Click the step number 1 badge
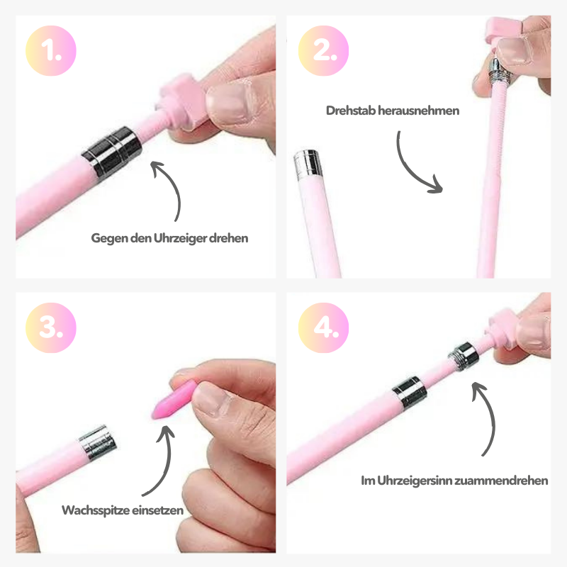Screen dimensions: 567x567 click(51, 50)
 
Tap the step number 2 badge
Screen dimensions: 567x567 click(324, 50)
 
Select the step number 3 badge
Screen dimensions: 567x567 click(51, 327)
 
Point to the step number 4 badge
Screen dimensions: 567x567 click(324, 327)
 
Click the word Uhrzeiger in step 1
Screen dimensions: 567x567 click(181, 238)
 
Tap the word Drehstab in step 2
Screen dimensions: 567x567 click(350, 111)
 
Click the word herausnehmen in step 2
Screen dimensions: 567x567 click(418, 111)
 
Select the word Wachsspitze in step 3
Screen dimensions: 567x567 click(96, 510)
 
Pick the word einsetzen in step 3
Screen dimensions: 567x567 click(157, 510)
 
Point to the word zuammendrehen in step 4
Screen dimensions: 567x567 click(501, 481)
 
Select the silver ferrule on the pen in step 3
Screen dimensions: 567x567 click(98, 442)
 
